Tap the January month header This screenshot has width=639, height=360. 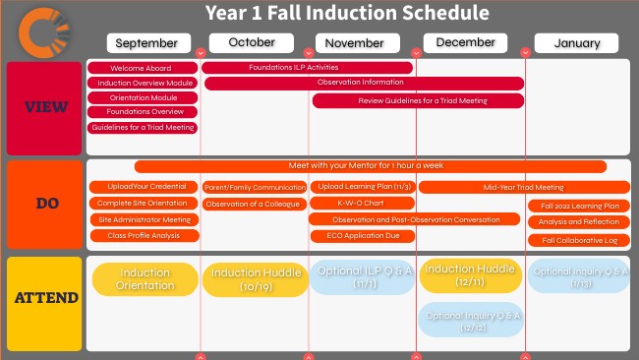(576, 43)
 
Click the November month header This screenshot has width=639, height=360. (355, 43)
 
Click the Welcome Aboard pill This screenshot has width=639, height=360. (142, 68)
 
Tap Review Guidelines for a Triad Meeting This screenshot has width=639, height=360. (422, 100)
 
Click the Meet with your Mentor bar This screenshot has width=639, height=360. (382, 167)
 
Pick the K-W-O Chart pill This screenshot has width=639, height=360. (361, 204)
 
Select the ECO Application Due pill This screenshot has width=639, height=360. (361, 236)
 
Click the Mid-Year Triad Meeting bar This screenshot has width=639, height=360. (524, 187)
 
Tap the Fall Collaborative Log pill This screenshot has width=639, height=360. (579, 240)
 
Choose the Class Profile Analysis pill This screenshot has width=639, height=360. (144, 236)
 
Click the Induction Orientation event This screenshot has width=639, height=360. (145, 279)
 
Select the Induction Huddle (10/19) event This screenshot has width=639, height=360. (255, 279)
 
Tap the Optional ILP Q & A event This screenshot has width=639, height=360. (361, 277)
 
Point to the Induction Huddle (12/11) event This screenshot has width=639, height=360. (470, 275)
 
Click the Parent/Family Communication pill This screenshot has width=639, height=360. (255, 187)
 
